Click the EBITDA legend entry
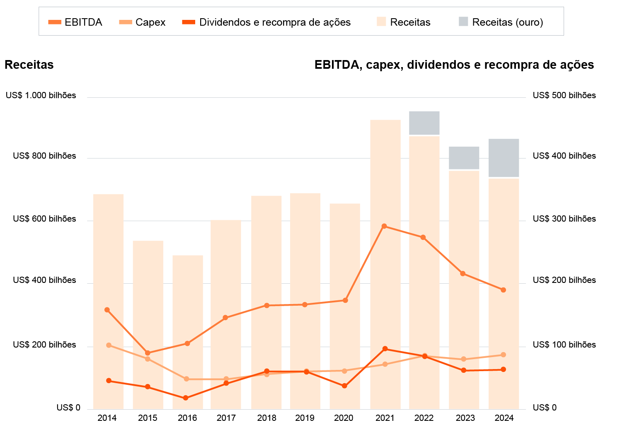(x=75, y=22)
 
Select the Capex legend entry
(x=142, y=22)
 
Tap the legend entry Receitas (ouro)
(x=501, y=22)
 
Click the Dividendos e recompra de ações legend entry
(x=266, y=22)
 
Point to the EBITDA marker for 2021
(x=384, y=226)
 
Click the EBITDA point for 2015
(x=148, y=353)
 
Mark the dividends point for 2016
(x=186, y=398)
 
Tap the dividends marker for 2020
(x=344, y=386)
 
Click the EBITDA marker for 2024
(x=503, y=290)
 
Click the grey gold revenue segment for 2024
(x=504, y=158)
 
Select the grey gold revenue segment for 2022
(x=424, y=123)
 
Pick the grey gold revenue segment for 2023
(x=464, y=158)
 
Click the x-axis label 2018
(x=266, y=418)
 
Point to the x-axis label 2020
(x=344, y=418)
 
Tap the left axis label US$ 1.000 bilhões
(x=41, y=95)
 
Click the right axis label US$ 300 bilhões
(x=564, y=219)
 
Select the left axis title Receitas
(x=29, y=65)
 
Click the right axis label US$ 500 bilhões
(x=564, y=95)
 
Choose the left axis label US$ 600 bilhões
(x=44, y=219)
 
